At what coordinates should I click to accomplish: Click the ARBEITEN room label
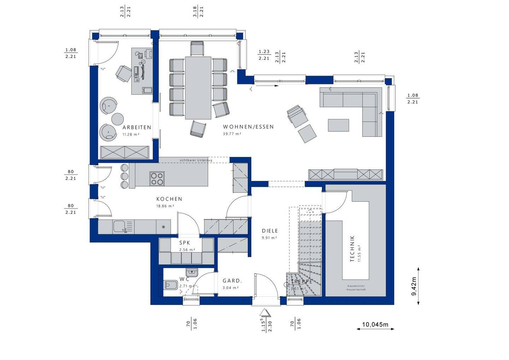(x=137, y=128)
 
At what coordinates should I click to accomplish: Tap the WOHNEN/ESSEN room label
(x=248, y=127)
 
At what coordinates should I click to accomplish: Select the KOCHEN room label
(x=169, y=199)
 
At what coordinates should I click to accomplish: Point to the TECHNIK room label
(x=352, y=249)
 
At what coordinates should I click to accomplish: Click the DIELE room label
(x=270, y=231)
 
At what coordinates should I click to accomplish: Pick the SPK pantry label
(x=185, y=243)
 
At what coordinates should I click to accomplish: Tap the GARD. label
(x=232, y=281)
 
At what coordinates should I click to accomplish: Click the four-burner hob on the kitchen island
(x=157, y=178)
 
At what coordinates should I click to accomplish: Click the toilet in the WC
(x=171, y=285)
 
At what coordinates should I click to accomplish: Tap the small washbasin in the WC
(x=192, y=272)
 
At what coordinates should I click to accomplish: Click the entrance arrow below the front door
(x=264, y=313)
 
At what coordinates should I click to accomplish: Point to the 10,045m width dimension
(x=375, y=324)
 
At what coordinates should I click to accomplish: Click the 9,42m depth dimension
(x=414, y=286)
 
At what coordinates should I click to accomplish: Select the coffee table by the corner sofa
(x=338, y=125)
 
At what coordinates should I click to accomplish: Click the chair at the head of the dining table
(x=197, y=48)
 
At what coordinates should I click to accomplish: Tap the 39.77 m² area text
(x=232, y=134)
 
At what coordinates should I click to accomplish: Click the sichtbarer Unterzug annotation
(x=196, y=160)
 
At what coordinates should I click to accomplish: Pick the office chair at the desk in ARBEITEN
(x=123, y=73)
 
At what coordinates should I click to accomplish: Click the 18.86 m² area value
(x=165, y=206)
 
